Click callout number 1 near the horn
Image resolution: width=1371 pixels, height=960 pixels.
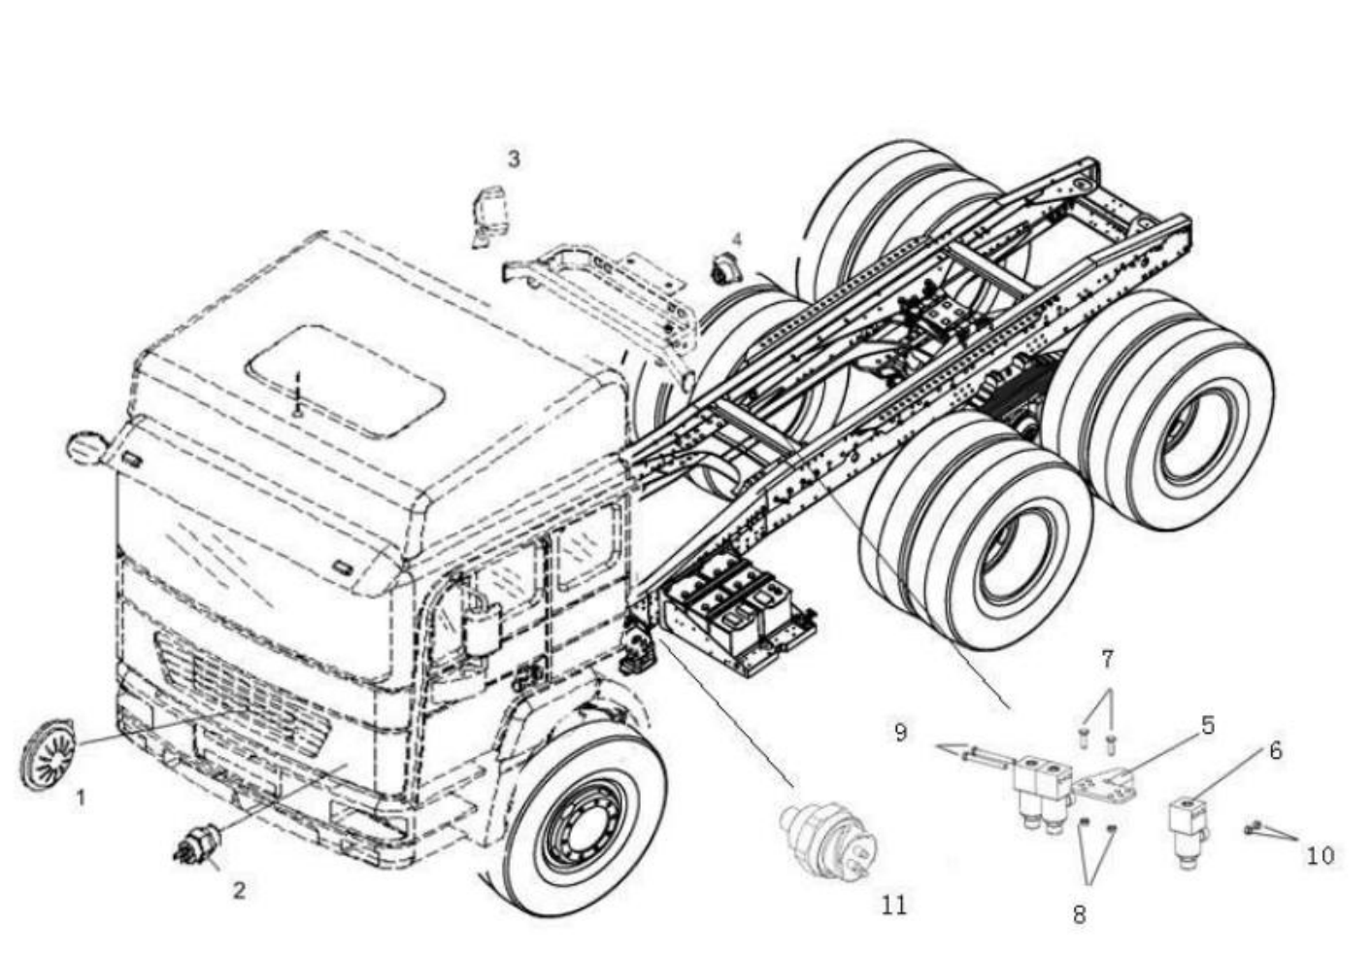coord(81,798)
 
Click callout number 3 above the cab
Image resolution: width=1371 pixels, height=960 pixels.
coord(514,158)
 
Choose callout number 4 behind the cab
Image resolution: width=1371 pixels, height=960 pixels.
coord(737,239)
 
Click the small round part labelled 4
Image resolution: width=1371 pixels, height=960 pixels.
coord(724,268)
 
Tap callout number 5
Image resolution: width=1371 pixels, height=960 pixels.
coord(1208,726)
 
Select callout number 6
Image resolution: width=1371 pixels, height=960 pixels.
coord(1275,750)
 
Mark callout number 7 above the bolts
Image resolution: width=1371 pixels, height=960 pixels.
coord(1107,660)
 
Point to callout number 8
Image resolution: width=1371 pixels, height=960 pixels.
coord(1080,914)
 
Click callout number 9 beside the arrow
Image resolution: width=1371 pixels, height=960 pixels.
coord(900,732)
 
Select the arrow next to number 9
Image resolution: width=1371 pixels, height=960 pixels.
coord(971,753)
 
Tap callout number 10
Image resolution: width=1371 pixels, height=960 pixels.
coord(1320,856)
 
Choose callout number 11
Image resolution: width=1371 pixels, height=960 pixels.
coord(894,905)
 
